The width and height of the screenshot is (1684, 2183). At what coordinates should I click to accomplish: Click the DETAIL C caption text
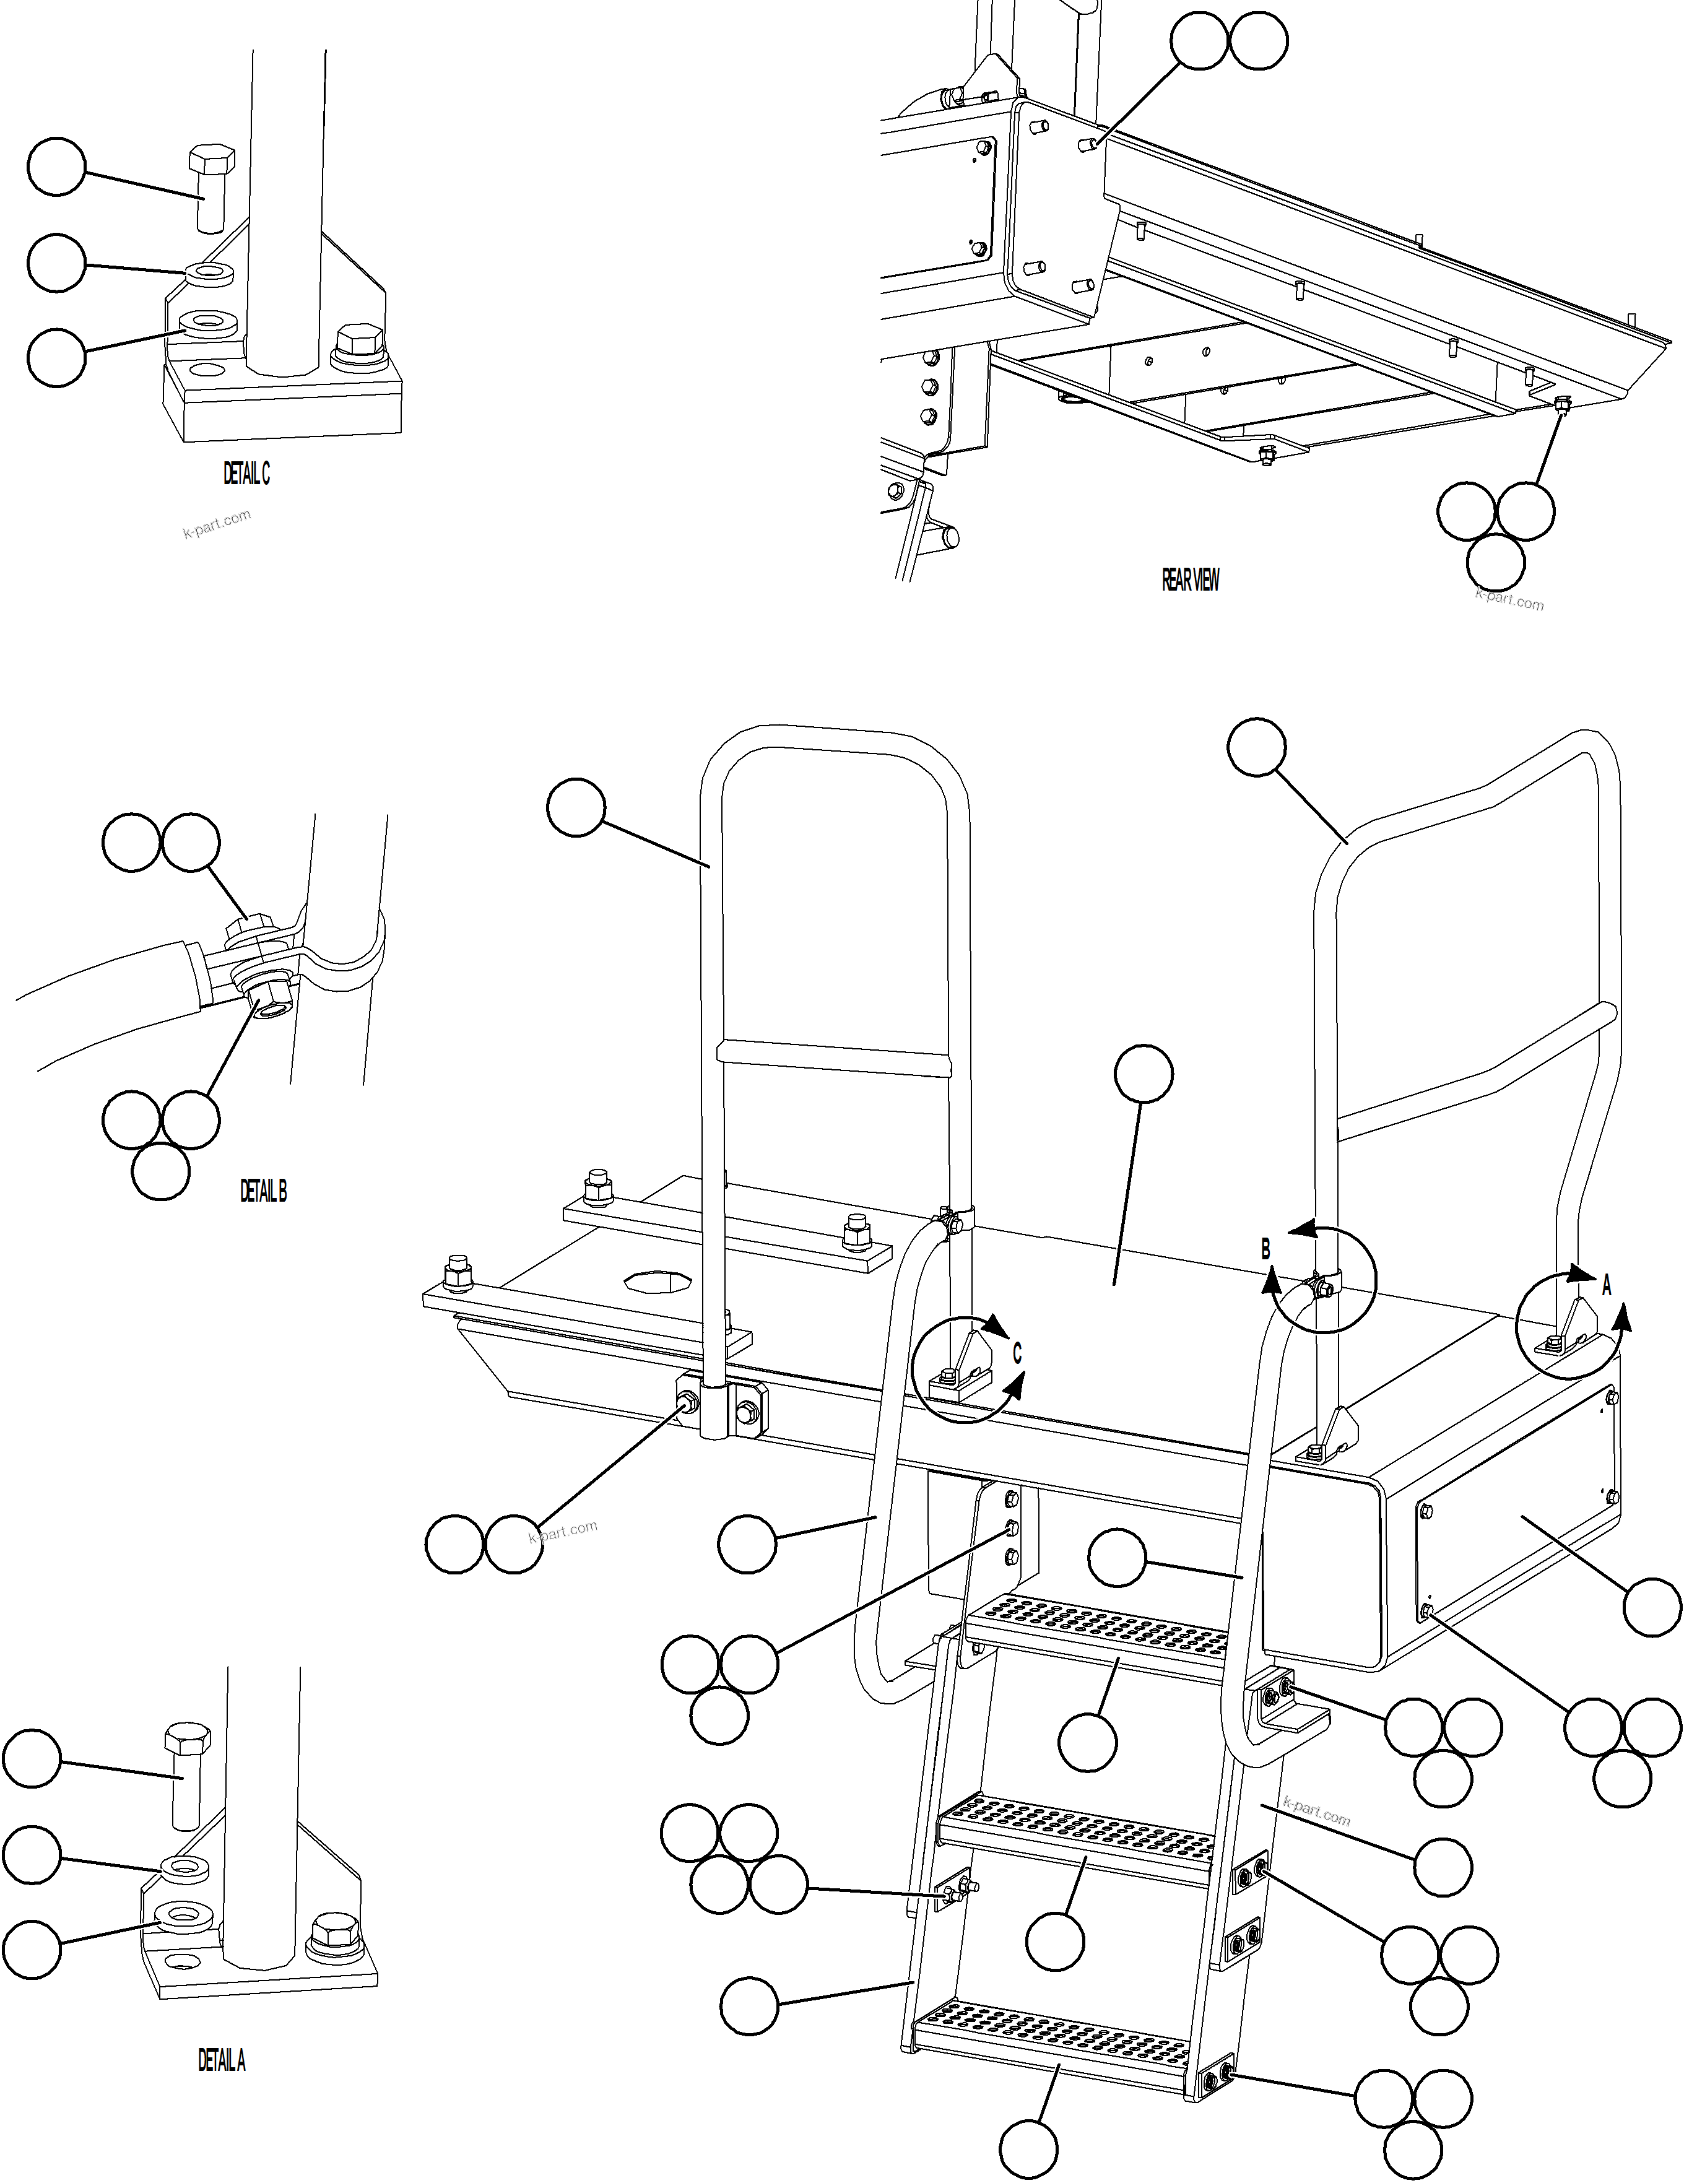246,475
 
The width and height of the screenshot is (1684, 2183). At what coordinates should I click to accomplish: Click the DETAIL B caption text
263,1191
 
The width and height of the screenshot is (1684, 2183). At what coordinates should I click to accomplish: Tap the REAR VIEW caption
1189,579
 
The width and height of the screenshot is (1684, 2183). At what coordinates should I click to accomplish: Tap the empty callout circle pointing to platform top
1144,1075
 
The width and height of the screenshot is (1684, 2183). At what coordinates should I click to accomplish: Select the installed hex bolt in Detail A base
330,1932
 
